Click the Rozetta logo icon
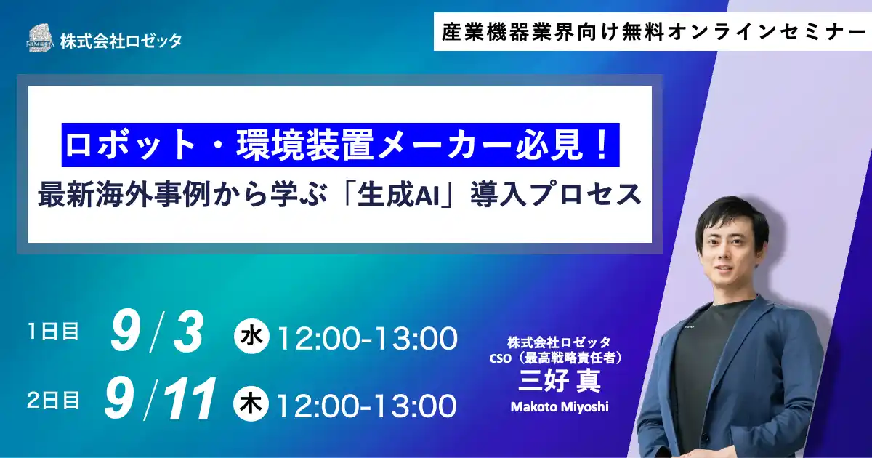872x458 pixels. coord(41,38)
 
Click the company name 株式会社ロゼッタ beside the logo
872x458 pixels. coord(121,41)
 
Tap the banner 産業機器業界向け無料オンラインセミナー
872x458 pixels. coord(650,32)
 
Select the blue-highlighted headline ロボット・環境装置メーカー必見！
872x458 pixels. coord(340,146)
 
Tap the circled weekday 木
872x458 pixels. coord(251,403)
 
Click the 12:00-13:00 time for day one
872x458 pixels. coord(368,338)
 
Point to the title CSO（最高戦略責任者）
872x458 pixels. coord(559,358)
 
